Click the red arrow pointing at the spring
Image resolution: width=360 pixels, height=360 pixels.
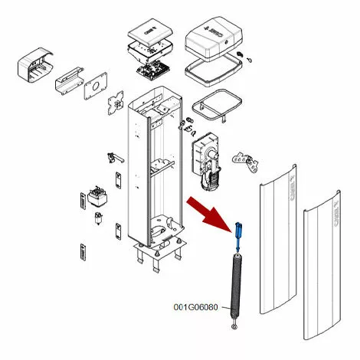(208, 211)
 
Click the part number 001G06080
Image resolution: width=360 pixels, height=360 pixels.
(196, 308)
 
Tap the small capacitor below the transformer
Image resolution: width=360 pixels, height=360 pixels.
(99, 219)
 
